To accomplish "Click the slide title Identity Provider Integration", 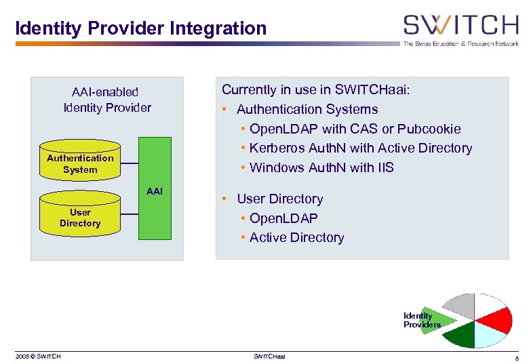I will (141, 28).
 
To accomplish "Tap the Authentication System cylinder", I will (80, 163).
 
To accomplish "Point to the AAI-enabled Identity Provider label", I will (106, 100).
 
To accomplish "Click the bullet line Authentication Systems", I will (307, 109).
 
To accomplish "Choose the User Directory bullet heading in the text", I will (279, 199).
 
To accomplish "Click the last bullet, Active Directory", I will (296, 237).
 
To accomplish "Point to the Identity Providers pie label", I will (420, 320).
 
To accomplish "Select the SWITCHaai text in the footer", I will (269, 357).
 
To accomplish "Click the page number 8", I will (516, 357).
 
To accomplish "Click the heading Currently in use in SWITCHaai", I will (315, 89).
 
